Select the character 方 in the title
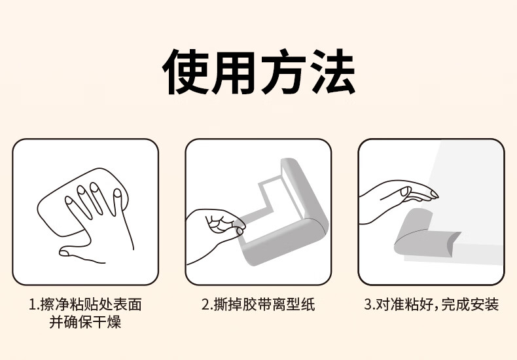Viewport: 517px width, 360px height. pos(283,71)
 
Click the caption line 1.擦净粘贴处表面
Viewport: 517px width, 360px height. pos(85,304)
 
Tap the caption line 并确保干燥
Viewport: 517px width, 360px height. pos(85,322)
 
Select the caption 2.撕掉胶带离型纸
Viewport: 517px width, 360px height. pos(258,304)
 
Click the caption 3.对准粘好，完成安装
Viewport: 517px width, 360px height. pos(431,304)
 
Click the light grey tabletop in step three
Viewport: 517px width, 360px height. pos(468,198)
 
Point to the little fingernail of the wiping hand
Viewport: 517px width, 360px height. pos(69,200)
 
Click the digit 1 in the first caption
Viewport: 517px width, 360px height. pos(32,304)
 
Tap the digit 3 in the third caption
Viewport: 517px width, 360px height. pos(368,304)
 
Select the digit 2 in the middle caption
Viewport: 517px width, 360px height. pos(205,304)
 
